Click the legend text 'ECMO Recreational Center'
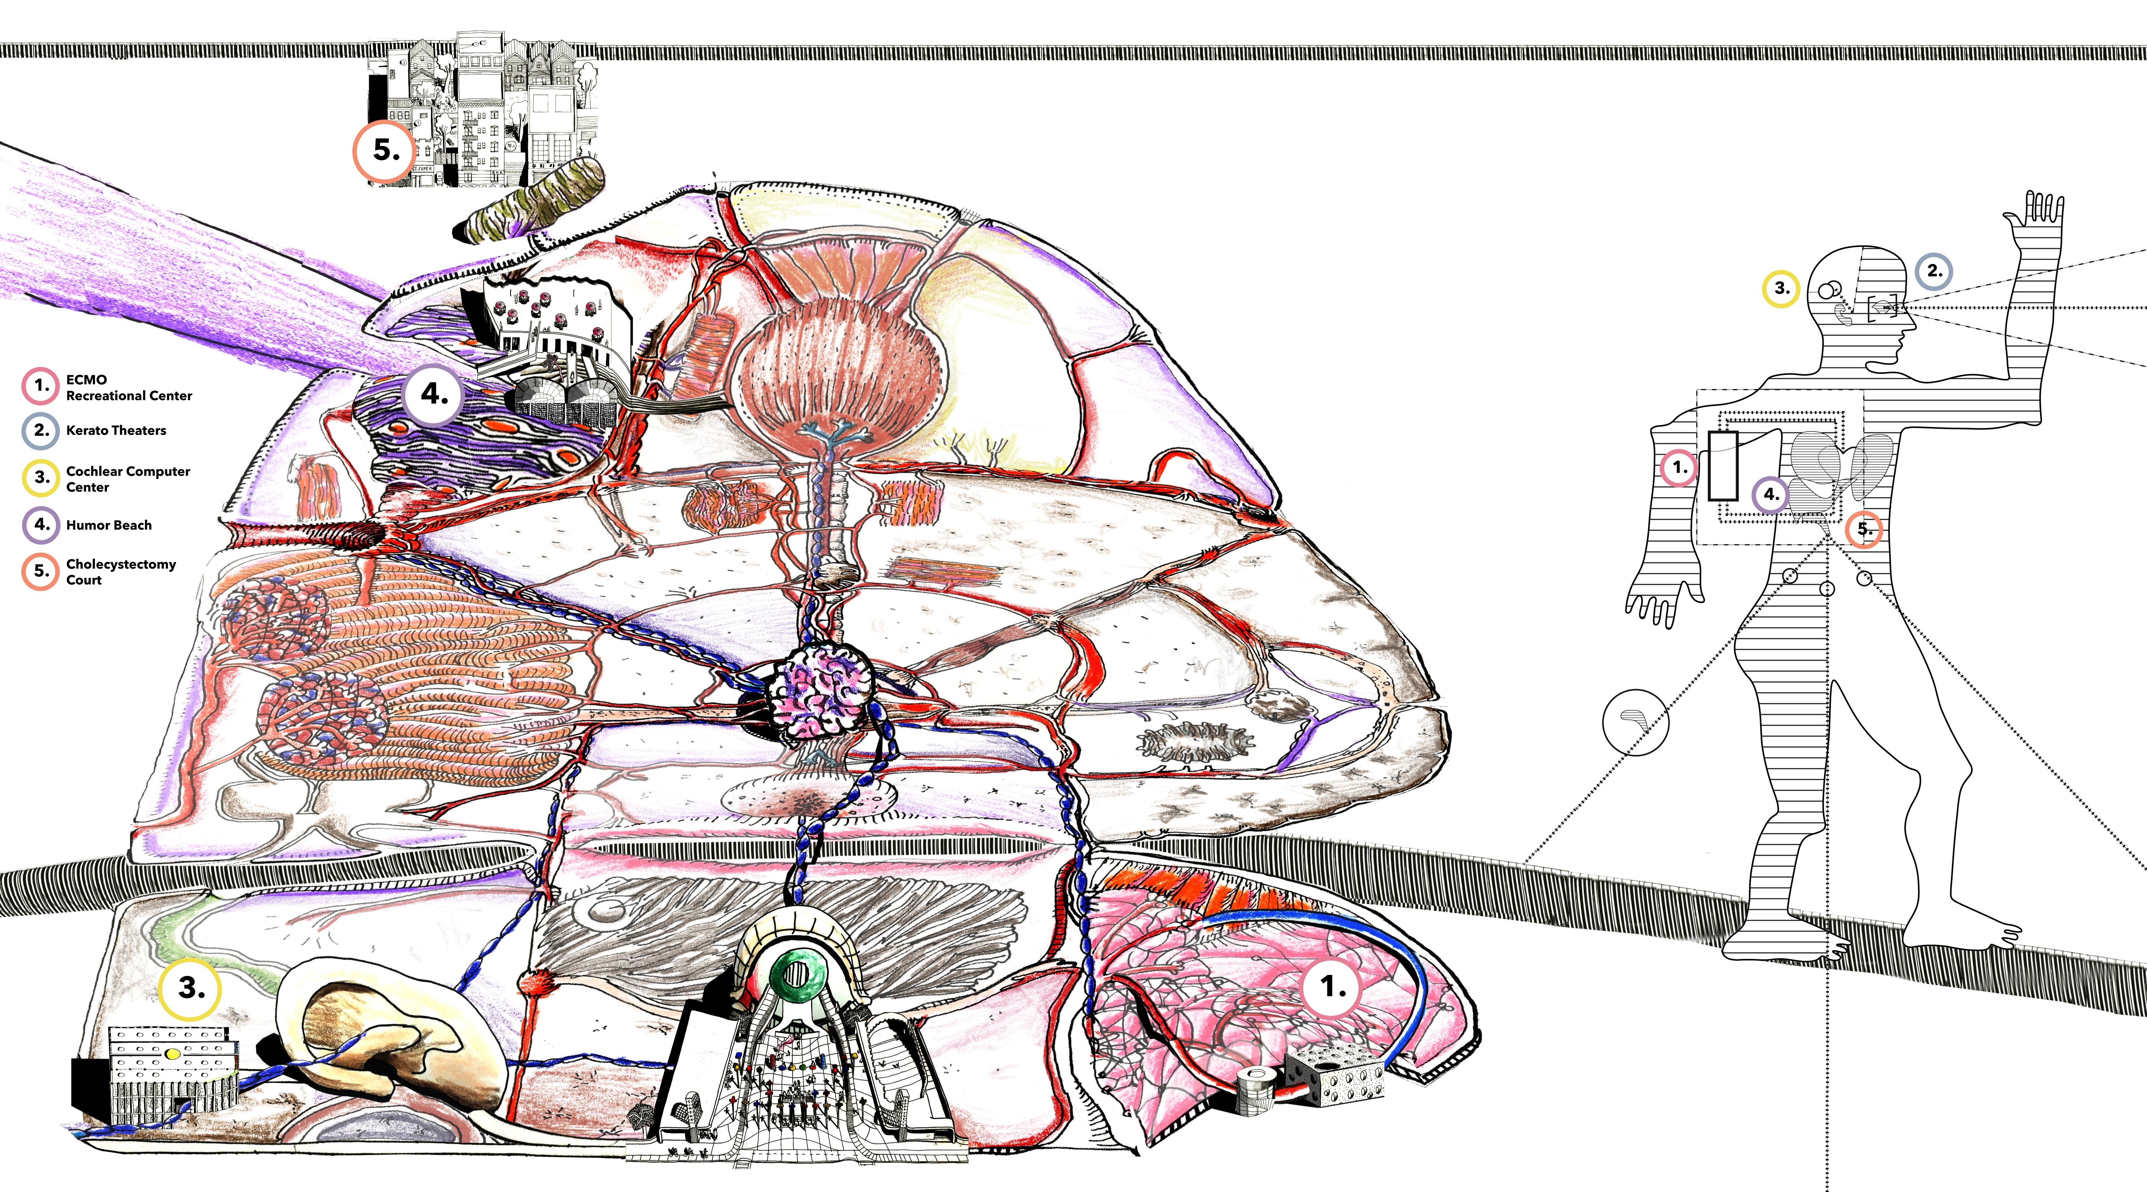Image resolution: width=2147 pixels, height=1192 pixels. [x=128, y=388]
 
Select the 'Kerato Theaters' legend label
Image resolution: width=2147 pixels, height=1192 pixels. [x=116, y=430]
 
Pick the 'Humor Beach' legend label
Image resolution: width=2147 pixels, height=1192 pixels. [x=108, y=525]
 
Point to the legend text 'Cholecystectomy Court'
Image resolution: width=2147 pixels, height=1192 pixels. [x=121, y=572]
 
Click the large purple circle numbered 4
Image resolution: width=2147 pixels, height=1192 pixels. [x=434, y=394]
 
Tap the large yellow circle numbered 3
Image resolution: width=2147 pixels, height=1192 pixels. [x=190, y=989]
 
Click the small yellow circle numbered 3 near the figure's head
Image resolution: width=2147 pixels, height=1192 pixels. [x=1781, y=289]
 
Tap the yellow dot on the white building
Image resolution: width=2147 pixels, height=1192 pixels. [x=173, y=1054]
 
